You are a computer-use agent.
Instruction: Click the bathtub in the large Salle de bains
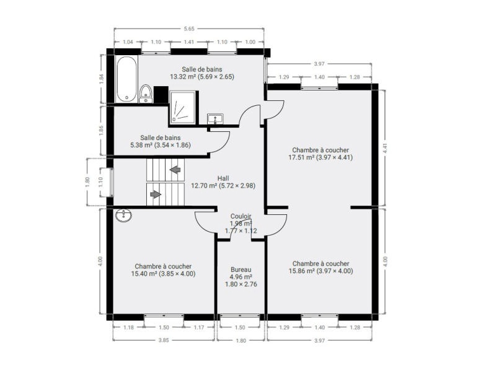pos(126,79)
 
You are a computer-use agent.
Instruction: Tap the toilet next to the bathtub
pos(146,94)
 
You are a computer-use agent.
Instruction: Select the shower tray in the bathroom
pos(182,107)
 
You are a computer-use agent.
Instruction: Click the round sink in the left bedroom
pos(123,216)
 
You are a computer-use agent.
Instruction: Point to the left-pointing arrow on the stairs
pos(175,170)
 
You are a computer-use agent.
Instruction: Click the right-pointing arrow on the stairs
pos(156,194)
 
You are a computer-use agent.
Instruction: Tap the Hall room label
pos(223,178)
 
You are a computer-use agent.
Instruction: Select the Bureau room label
pos(241,269)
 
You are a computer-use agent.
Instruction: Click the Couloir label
pos(241,216)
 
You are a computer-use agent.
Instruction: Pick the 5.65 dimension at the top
pos(189,28)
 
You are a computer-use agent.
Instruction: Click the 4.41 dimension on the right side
pos(385,148)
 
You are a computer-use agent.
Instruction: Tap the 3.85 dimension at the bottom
pos(164,340)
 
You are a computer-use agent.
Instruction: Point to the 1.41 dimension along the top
pos(189,42)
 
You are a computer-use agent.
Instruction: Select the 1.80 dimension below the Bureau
pos(241,340)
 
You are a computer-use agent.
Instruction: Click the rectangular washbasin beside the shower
pos(215,119)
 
